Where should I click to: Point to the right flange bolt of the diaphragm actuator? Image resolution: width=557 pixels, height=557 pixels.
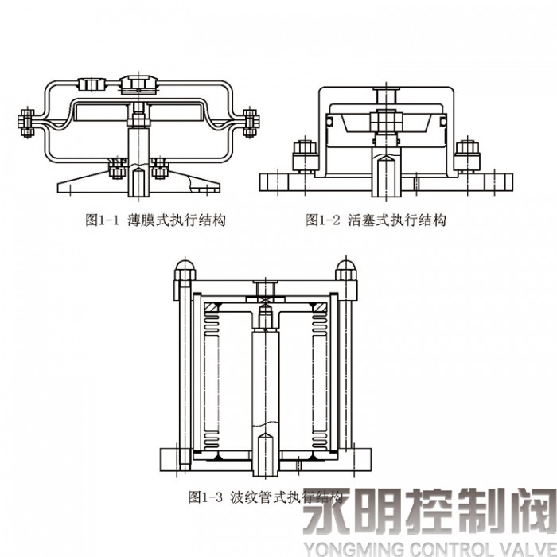pyautogui.click(x=251, y=121)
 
